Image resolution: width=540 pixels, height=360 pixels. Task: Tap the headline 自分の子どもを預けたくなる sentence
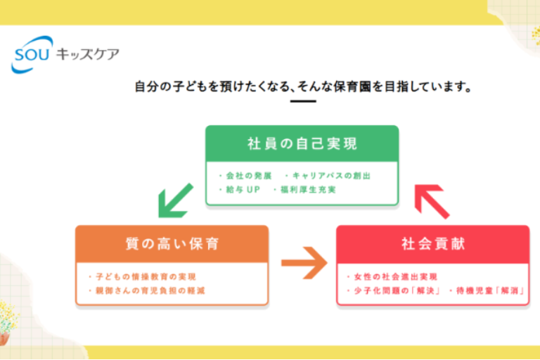click(x=302, y=88)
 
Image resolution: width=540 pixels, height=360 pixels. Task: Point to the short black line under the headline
click(x=302, y=101)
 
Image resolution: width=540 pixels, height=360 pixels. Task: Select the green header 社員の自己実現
click(x=302, y=144)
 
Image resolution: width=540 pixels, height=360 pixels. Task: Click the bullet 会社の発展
click(x=245, y=175)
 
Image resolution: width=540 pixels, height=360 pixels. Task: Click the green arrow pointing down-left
click(x=174, y=200)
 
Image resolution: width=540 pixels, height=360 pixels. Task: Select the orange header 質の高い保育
click(x=172, y=244)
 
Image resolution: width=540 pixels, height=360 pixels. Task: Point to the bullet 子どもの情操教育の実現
click(x=141, y=276)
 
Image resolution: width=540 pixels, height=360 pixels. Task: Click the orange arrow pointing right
click(x=303, y=264)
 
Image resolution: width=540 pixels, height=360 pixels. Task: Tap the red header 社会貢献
click(x=432, y=244)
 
